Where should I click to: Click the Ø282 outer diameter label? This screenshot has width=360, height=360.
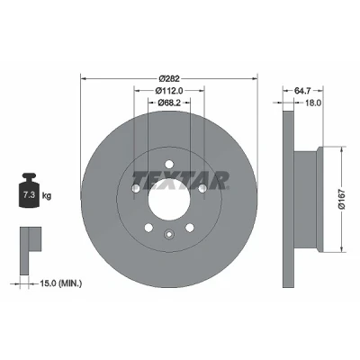tap(169, 78)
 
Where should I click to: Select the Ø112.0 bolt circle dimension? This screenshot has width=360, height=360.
tap(169, 90)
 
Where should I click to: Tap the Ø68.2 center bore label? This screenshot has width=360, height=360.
tap(169, 103)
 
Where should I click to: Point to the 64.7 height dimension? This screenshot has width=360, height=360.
tap(302, 90)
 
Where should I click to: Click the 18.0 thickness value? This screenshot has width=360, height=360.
tap(313, 103)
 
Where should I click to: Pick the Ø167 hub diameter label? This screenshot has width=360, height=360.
tap(342, 199)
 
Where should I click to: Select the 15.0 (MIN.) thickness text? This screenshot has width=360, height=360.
tap(60, 283)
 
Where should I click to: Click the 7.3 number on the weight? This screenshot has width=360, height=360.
tap(29, 195)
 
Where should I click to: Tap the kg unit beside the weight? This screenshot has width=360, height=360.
tap(47, 196)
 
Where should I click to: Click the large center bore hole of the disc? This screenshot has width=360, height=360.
tap(169, 200)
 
